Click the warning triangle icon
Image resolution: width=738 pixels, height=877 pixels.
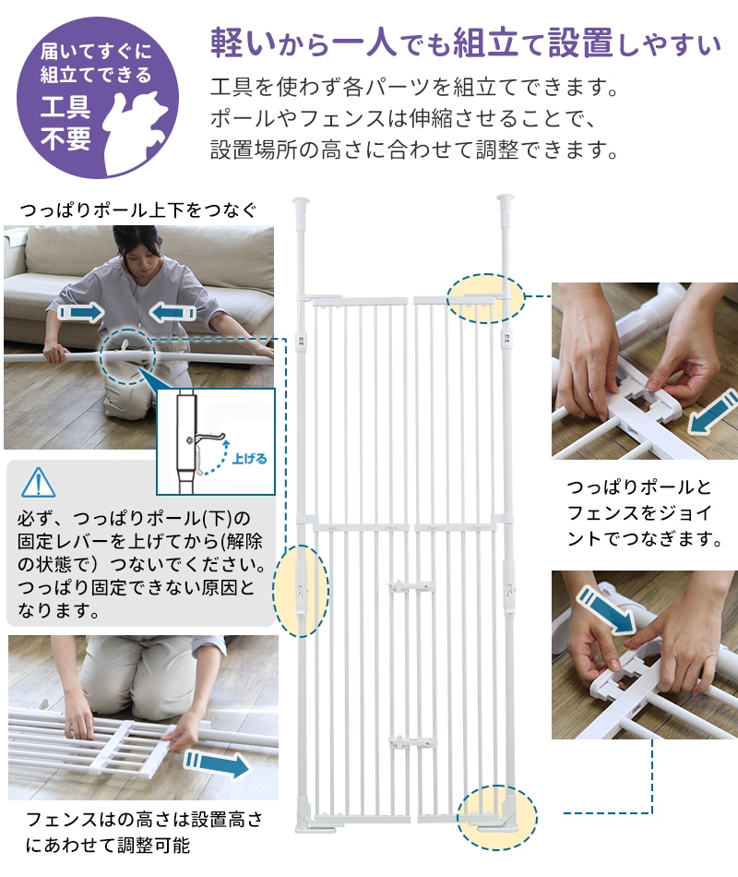point(38,483)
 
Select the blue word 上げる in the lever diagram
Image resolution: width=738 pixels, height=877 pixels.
point(249,459)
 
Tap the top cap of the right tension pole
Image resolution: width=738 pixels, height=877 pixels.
point(506,199)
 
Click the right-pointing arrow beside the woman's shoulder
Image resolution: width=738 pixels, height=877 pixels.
point(81,312)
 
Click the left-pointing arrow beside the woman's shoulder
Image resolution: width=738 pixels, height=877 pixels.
point(173,312)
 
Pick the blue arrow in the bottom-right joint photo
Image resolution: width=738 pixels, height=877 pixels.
point(607,608)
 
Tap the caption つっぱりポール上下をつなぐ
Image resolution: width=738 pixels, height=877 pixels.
point(138,210)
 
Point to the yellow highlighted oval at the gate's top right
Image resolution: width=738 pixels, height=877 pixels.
point(486,298)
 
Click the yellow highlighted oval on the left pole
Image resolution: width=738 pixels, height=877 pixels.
point(301,591)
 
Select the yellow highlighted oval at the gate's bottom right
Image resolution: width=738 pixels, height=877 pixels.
point(497,817)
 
